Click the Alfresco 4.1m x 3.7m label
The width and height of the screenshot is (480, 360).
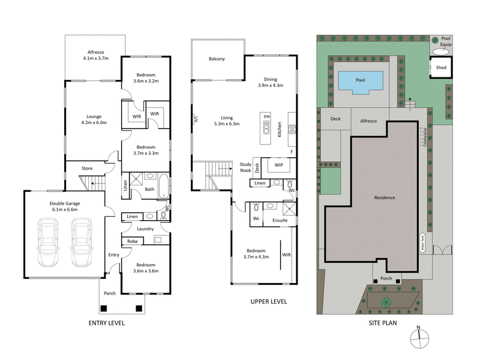pos(95,55)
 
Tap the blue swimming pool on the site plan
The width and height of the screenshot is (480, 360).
pos(360,81)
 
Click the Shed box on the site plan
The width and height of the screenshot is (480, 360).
pos(441,68)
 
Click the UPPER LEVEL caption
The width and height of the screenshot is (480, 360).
pos(268,301)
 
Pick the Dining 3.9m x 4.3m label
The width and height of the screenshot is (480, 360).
pos(270,82)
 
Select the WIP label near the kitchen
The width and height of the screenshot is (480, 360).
pos(278,164)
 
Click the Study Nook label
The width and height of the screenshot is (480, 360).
pos(245,167)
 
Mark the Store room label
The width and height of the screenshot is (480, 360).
pos(87,169)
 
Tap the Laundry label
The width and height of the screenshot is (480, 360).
pos(145,229)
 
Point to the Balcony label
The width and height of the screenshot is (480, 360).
pos(217,59)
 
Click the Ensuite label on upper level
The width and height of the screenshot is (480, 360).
pos(280,220)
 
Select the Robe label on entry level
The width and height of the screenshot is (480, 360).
pos(131,241)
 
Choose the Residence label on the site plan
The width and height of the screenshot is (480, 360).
pos(385,197)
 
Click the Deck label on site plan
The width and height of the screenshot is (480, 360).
pos(335,119)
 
